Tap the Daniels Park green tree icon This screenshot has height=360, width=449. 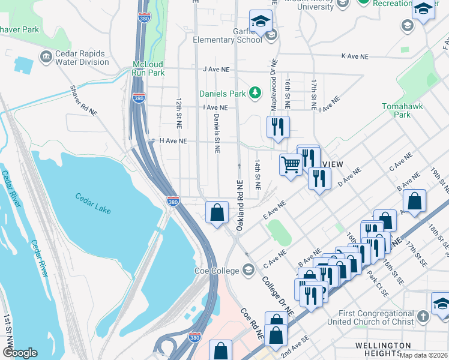[256, 92]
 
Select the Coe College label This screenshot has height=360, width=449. [217, 271]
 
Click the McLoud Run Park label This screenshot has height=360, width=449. [148, 68]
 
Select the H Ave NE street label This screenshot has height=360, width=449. [173, 141]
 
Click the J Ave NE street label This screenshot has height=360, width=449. [217, 70]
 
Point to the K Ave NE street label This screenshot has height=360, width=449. [354, 56]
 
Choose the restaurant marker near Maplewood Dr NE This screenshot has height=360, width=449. [278, 126]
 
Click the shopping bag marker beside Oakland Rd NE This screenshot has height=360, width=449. [217, 211]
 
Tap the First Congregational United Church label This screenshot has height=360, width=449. [367, 318]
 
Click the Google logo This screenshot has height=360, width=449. [20, 353]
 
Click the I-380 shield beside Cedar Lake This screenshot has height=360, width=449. [172, 202]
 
